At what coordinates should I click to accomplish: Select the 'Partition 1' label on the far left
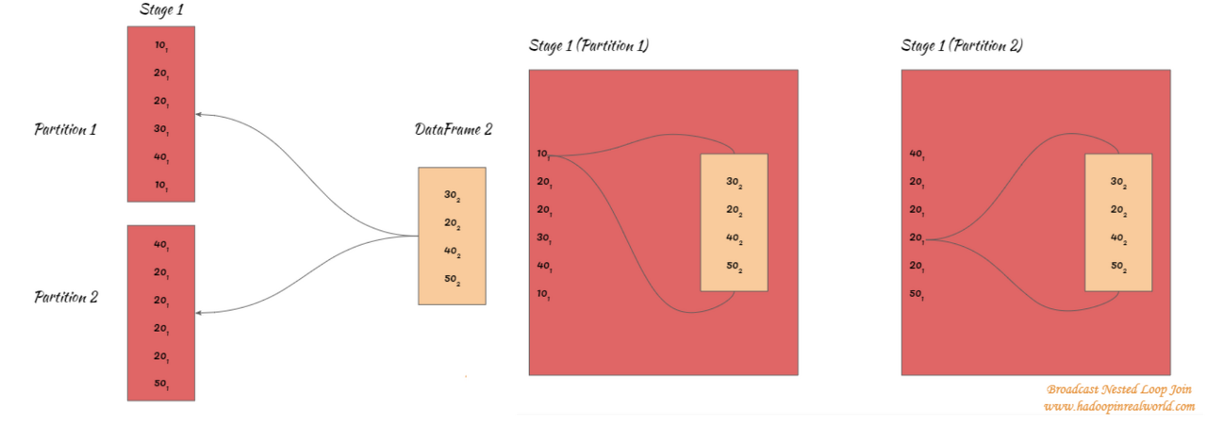66,129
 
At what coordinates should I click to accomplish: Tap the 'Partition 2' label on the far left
66,297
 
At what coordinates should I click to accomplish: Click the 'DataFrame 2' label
453,129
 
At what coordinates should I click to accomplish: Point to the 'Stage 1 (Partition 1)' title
588,45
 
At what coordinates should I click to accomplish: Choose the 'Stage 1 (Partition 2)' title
962,45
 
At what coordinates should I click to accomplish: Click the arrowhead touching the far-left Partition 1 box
199,115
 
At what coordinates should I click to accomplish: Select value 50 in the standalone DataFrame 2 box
452,281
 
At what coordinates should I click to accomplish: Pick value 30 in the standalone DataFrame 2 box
452,196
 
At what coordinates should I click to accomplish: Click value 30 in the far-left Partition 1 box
161,130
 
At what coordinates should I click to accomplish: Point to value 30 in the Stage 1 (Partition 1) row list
544,238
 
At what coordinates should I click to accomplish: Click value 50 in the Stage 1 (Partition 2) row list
917,295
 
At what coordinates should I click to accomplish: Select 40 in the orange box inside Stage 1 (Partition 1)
734,239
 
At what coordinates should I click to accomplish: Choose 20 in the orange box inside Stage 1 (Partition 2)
1118,211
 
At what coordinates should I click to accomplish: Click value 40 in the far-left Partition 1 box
161,158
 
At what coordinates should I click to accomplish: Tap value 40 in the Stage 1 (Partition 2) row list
917,155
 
